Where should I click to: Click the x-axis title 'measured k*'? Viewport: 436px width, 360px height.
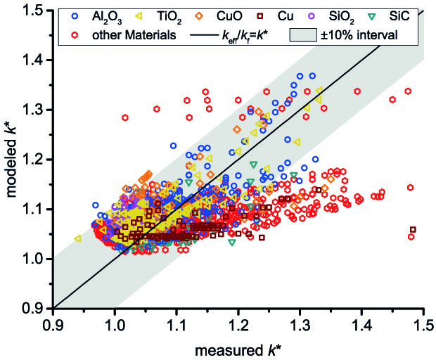tap(238, 347)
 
